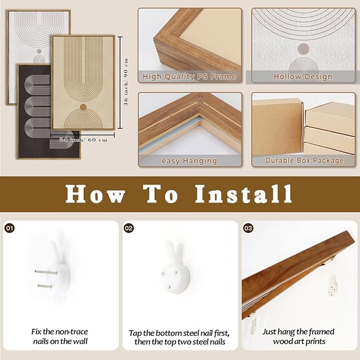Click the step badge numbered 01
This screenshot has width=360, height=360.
[x=10, y=228]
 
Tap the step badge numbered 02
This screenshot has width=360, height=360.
[x=129, y=228]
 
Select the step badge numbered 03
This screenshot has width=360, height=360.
[x=248, y=228]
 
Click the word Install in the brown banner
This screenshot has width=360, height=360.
[x=243, y=194]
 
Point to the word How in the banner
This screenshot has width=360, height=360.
[x=95, y=194]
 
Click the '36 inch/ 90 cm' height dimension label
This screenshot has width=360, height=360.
[x=126, y=82]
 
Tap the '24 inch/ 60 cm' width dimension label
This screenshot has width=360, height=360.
[x=83, y=140]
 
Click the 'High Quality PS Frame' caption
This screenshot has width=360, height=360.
[x=189, y=76]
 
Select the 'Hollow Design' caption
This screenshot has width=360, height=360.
[x=303, y=76]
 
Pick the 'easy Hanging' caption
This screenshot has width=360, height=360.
[x=189, y=161]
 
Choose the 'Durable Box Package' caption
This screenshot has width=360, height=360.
[x=304, y=160]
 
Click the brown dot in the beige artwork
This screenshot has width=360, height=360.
[x=83, y=107]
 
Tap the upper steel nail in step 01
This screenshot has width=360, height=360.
[x=46, y=273]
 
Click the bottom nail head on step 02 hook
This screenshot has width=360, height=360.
[x=169, y=287]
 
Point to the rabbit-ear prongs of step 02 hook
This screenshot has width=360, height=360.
[x=173, y=252]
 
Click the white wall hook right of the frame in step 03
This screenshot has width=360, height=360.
[x=332, y=286]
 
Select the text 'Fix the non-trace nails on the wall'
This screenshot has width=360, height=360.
[x=60, y=336]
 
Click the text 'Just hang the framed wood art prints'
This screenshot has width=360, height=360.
[x=298, y=336]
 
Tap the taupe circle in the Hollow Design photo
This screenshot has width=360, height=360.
[x=303, y=49]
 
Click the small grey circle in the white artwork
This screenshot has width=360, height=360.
[x=39, y=51]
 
